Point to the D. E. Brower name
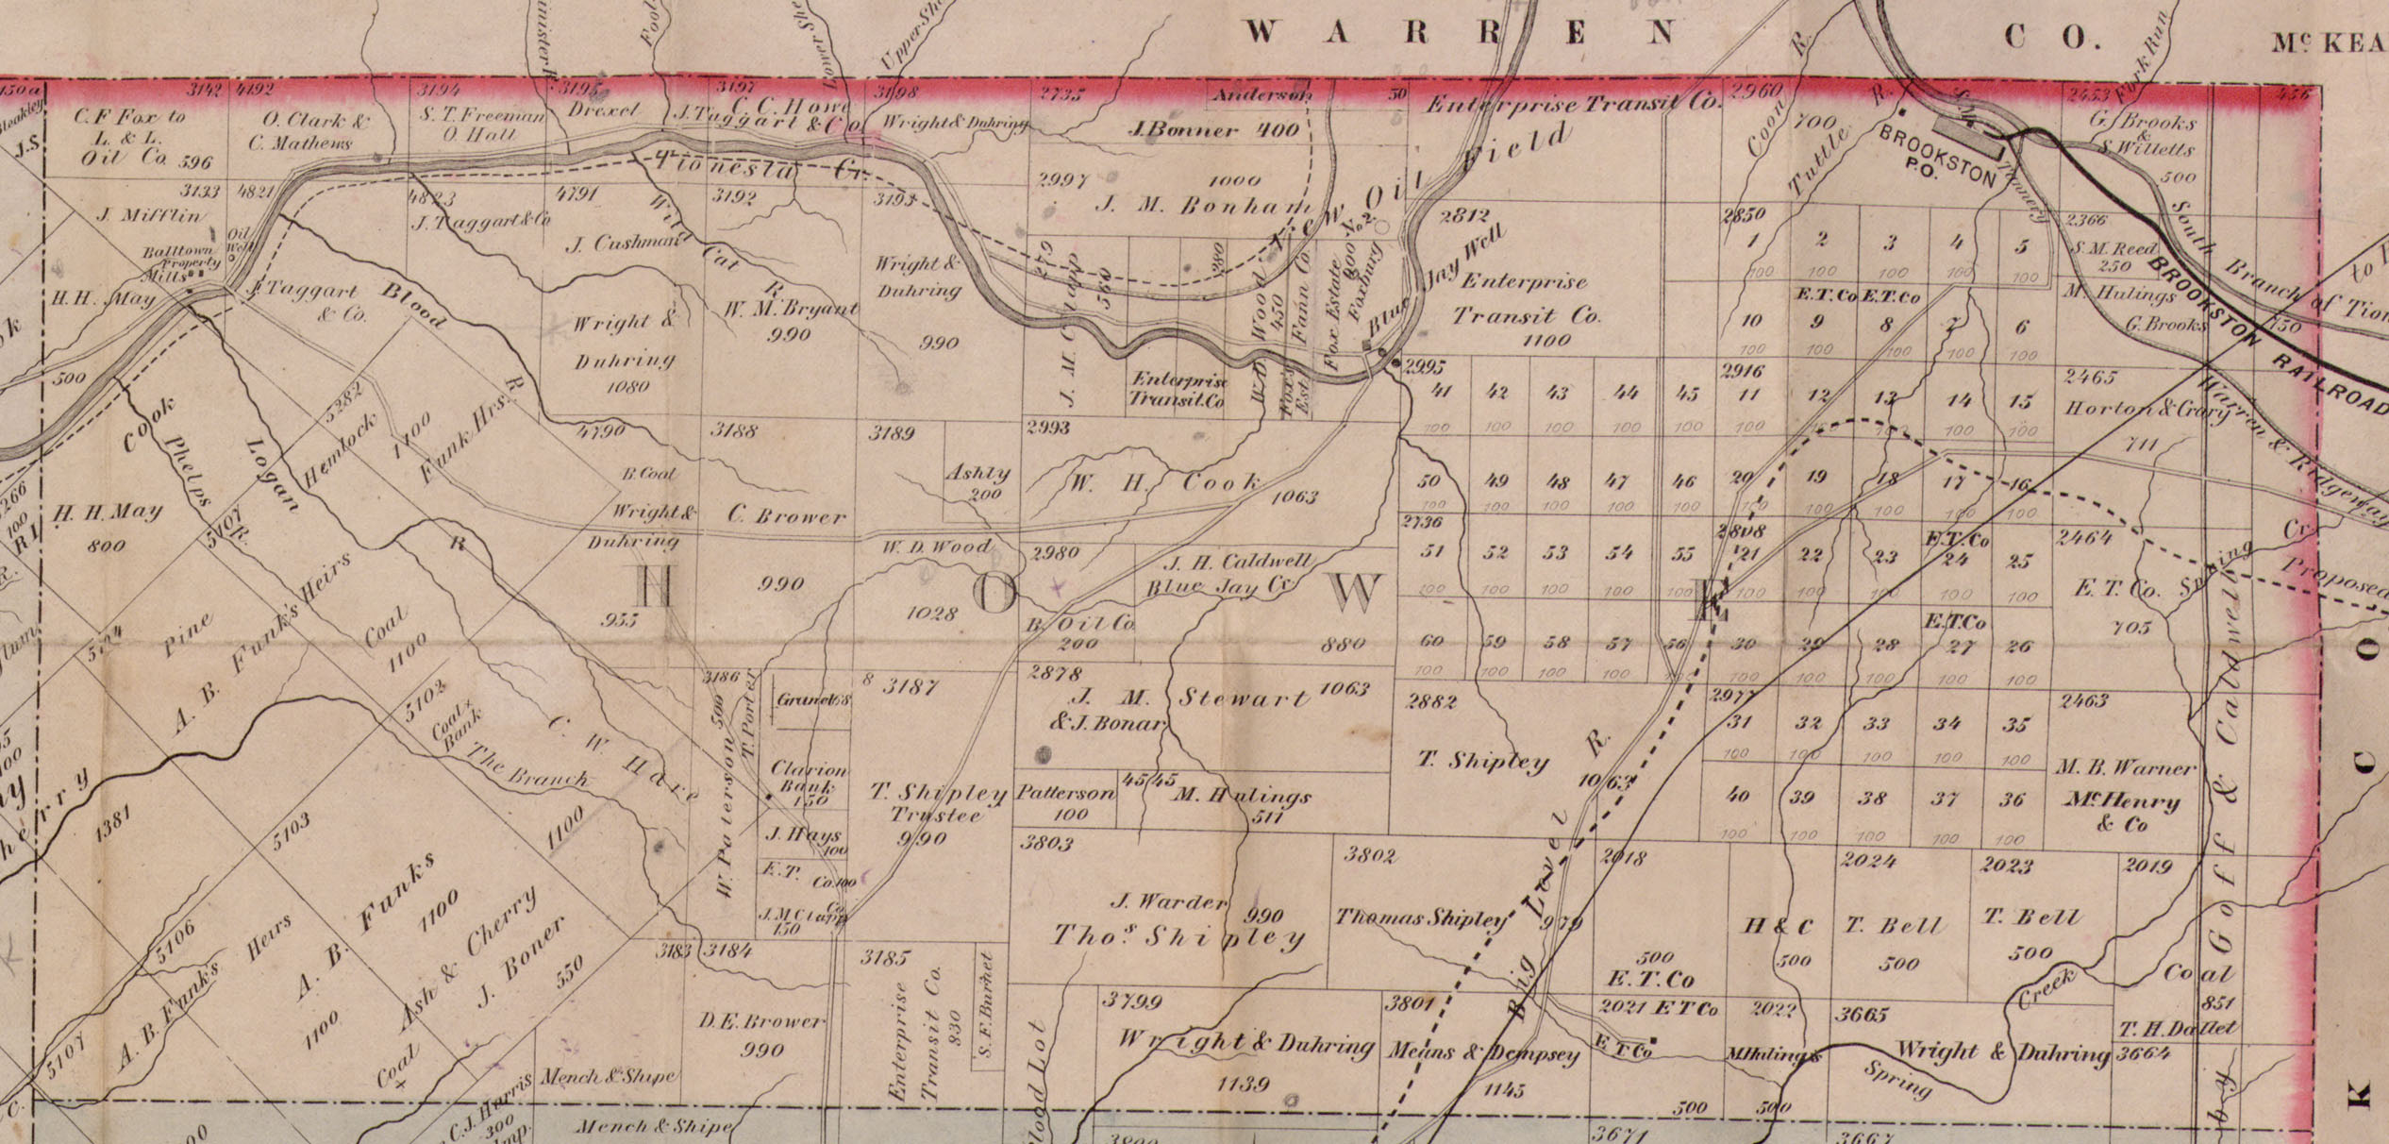point(760,1022)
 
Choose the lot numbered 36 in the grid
point(2013,799)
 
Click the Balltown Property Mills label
point(181,263)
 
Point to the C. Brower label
point(787,517)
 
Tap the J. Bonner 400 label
point(1213,130)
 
